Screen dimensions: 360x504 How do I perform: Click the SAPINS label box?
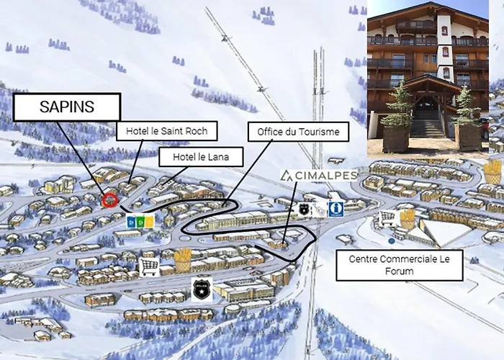pyautogui.click(x=66, y=107)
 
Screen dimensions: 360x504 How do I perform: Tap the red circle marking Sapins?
pyautogui.click(x=109, y=199)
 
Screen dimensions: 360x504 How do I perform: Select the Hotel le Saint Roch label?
pyautogui.click(x=166, y=131)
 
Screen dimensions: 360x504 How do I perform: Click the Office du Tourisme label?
pyautogui.click(x=298, y=132)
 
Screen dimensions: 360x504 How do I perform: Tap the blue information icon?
pyautogui.click(x=336, y=209)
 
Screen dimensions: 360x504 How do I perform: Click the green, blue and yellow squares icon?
pyautogui.click(x=140, y=221)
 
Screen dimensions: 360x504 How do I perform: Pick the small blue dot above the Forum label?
pyautogui.click(x=391, y=240)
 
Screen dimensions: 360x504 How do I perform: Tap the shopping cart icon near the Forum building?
pyautogui.click(x=388, y=218)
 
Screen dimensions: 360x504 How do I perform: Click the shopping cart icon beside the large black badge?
pyautogui.click(x=149, y=266)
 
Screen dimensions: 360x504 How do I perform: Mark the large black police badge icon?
pyautogui.click(x=202, y=289)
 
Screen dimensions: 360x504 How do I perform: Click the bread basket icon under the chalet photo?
pyautogui.click(x=492, y=172)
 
